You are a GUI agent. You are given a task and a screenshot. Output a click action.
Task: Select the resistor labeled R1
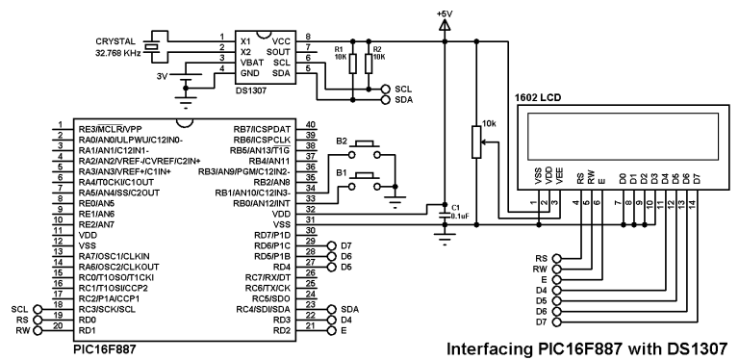tap(352, 64)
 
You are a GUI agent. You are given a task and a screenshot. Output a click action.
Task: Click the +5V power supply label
tap(445, 13)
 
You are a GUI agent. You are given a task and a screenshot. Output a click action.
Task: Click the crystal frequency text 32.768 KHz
tap(119, 54)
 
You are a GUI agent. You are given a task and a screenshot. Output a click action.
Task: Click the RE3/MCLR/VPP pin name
tap(110, 127)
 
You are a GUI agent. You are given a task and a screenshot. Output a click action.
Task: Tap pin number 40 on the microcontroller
tap(310, 125)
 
